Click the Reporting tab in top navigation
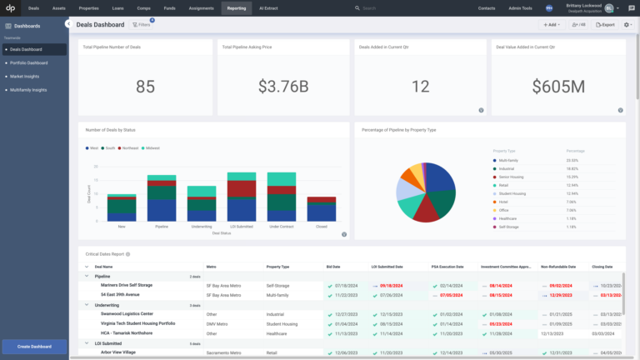pyautogui.click(x=236, y=7)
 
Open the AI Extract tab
pyautogui.click(x=270, y=7)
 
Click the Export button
pyautogui.click(x=605, y=25)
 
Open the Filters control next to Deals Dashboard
pyautogui.click(x=142, y=25)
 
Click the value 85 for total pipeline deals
pyautogui.click(x=145, y=86)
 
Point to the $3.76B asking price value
pyautogui.click(x=282, y=86)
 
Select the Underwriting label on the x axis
pyautogui.click(x=201, y=226)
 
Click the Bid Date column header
pyautogui.click(x=334, y=267)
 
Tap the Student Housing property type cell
pyautogui.click(x=283, y=323)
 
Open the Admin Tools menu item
pyautogui.click(x=521, y=7)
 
